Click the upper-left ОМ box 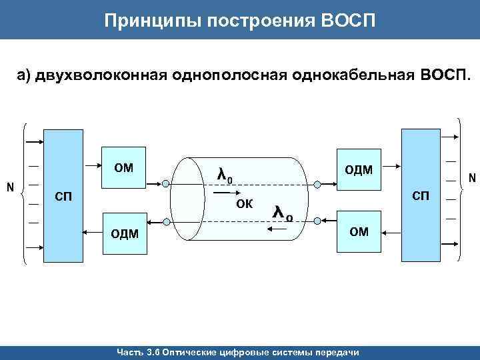124,167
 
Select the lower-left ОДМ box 124,233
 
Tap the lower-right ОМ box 359,231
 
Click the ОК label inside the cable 245,204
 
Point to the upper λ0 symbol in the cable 225,175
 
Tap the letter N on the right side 471,178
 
